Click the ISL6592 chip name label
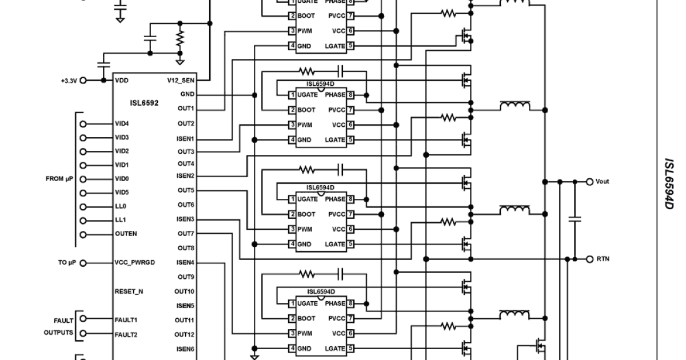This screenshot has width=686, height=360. pos(144,103)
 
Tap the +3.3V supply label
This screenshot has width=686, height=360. pos(68,81)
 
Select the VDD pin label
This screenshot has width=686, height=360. pos(121,81)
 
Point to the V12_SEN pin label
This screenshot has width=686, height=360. pos(181,81)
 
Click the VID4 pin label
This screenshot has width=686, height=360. pos(122,123)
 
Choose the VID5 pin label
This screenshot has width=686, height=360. pos(122,193)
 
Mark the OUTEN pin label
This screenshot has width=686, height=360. pos(126,234)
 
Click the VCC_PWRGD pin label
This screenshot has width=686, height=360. pos(134,263)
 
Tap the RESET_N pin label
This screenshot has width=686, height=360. pos(129,291)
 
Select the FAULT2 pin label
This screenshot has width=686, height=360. pos(126,334)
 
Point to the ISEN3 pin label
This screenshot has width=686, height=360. pos(185,219)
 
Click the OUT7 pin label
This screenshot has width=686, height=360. pos(186,234)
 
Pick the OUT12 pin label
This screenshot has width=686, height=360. pos(184,334)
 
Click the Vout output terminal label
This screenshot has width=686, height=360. pos(602,181)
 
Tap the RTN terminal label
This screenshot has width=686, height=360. pos(603,259)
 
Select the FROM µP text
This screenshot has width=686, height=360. pos(59,179)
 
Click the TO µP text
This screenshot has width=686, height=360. pos(66,263)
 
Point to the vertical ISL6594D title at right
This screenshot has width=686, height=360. pos(669,183)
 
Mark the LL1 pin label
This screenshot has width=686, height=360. pos(120,220)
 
